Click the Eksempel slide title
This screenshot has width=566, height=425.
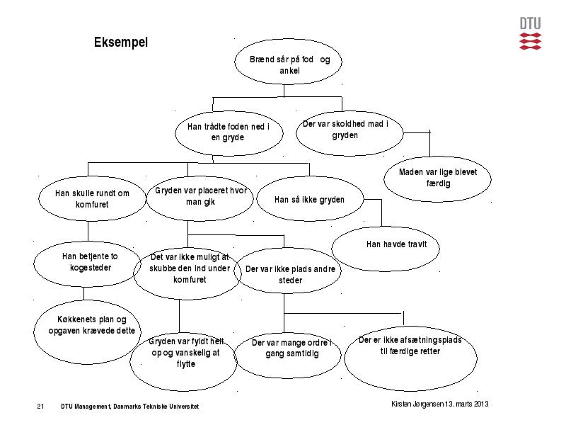click(121, 42)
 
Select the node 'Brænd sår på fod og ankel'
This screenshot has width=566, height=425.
click(288, 61)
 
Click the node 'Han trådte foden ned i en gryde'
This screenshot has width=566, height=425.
click(229, 133)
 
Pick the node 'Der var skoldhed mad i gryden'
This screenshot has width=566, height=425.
click(350, 133)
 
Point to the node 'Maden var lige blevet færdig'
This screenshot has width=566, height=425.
click(437, 179)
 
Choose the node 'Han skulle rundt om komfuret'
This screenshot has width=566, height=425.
click(92, 198)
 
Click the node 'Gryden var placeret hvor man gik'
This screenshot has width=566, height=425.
click(200, 198)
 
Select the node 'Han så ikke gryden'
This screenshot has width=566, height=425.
click(310, 198)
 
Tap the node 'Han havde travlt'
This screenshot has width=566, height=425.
click(386, 249)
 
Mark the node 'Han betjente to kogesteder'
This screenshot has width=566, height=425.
click(87, 263)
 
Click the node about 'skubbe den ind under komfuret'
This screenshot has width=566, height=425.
click(187, 273)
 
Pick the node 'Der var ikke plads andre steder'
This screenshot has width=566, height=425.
click(287, 271)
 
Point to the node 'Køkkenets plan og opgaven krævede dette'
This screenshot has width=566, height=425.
click(87, 331)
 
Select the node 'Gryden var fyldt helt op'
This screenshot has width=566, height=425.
click(183, 361)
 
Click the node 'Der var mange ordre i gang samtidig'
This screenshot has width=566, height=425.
click(287, 356)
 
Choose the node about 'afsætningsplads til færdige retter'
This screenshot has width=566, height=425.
click(411, 358)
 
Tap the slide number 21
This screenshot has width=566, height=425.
click(40, 406)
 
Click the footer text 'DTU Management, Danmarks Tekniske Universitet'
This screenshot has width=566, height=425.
click(130, 406)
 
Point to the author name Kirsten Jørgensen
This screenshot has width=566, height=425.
click(417, 404)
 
